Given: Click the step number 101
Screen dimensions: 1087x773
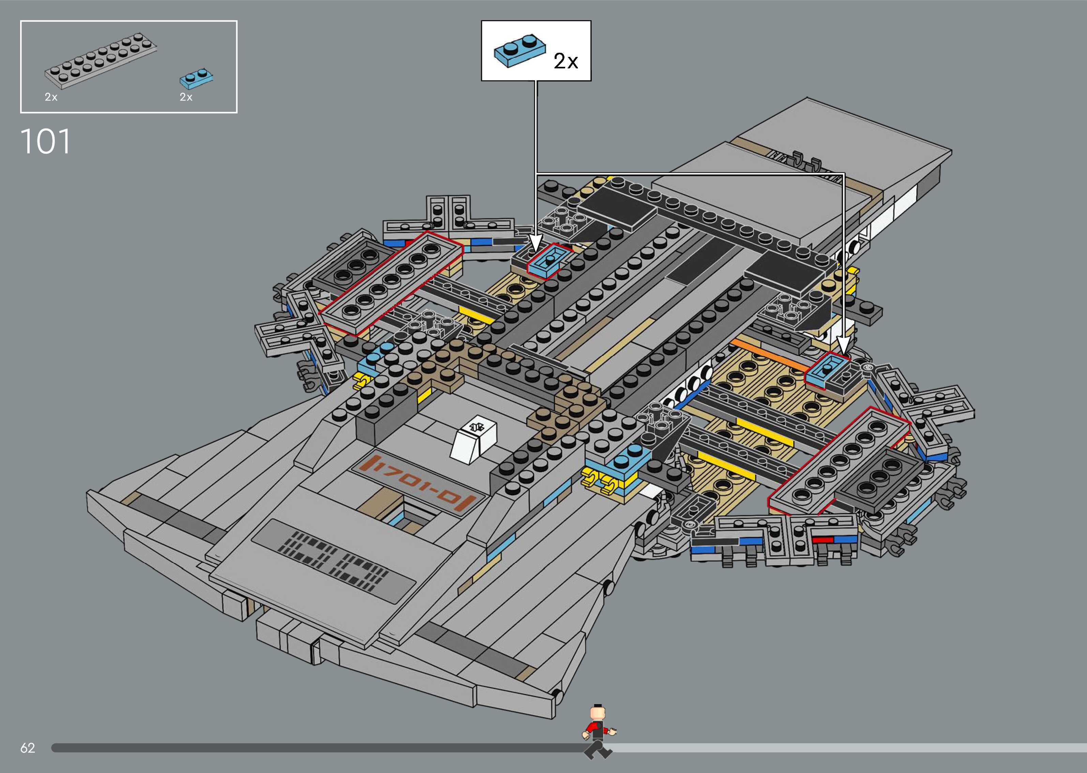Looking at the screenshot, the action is [x=46, y=141].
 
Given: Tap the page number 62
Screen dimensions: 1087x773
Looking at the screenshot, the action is [x=28, y=748].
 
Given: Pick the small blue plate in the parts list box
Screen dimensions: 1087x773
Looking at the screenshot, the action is [x=196, y=79].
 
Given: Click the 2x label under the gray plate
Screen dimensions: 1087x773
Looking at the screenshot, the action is [x=51, y=97].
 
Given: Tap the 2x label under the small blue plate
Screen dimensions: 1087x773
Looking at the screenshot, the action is [x=186, y=97].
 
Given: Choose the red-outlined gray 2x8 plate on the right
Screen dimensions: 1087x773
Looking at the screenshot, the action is [x=837, y=460].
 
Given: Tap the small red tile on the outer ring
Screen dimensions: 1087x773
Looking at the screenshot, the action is [x=822, y=540].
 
